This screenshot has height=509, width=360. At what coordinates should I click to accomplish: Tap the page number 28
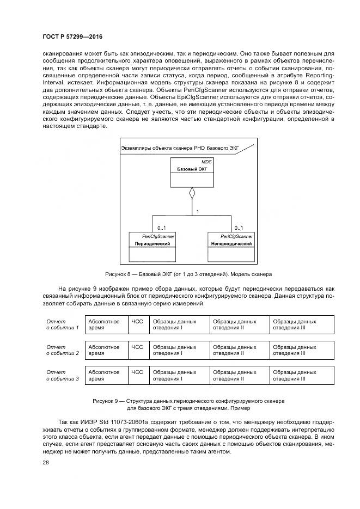pos(45,462)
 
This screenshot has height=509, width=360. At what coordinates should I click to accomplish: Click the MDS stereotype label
pos(206,162)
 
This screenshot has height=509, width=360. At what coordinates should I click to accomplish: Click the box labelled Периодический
pos(152,244)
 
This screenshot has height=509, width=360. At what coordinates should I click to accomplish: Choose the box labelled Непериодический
pos(231,244)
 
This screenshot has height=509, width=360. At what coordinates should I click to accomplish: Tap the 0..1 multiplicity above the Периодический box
pos(162,228)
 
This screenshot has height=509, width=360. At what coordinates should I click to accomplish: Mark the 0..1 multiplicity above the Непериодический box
pos(238,228)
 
